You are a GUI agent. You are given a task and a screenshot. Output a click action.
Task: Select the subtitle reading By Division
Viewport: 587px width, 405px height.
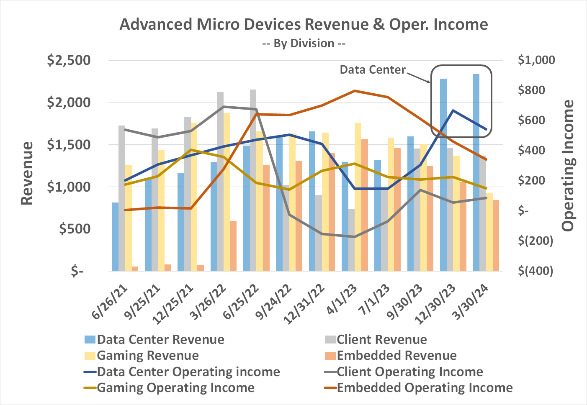point(304,44)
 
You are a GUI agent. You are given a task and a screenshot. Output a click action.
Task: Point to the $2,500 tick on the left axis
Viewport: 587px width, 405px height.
point(69,60)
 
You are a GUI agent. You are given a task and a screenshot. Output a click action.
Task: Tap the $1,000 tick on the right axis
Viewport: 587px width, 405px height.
point(536,60)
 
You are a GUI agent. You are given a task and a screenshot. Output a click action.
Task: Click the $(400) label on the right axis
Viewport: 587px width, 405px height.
point(536,271)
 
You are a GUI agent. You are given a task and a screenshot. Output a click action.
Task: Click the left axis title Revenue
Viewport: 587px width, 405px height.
point(27,173)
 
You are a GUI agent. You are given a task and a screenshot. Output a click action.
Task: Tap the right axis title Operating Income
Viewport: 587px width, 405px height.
point(568,166)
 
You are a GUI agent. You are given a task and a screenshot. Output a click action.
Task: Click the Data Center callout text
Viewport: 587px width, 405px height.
point(372,69)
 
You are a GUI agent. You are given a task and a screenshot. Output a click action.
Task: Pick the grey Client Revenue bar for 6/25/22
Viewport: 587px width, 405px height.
point(253,180)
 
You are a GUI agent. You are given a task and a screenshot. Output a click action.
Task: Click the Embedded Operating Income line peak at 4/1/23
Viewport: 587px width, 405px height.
point(355,91)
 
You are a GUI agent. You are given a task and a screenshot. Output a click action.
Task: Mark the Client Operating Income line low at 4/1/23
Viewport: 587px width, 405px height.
point(355,237)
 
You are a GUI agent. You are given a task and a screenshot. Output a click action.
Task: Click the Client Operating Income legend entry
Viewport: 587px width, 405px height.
point(404,372)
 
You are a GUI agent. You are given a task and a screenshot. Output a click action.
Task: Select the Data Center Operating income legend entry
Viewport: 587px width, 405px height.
point(182,372)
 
